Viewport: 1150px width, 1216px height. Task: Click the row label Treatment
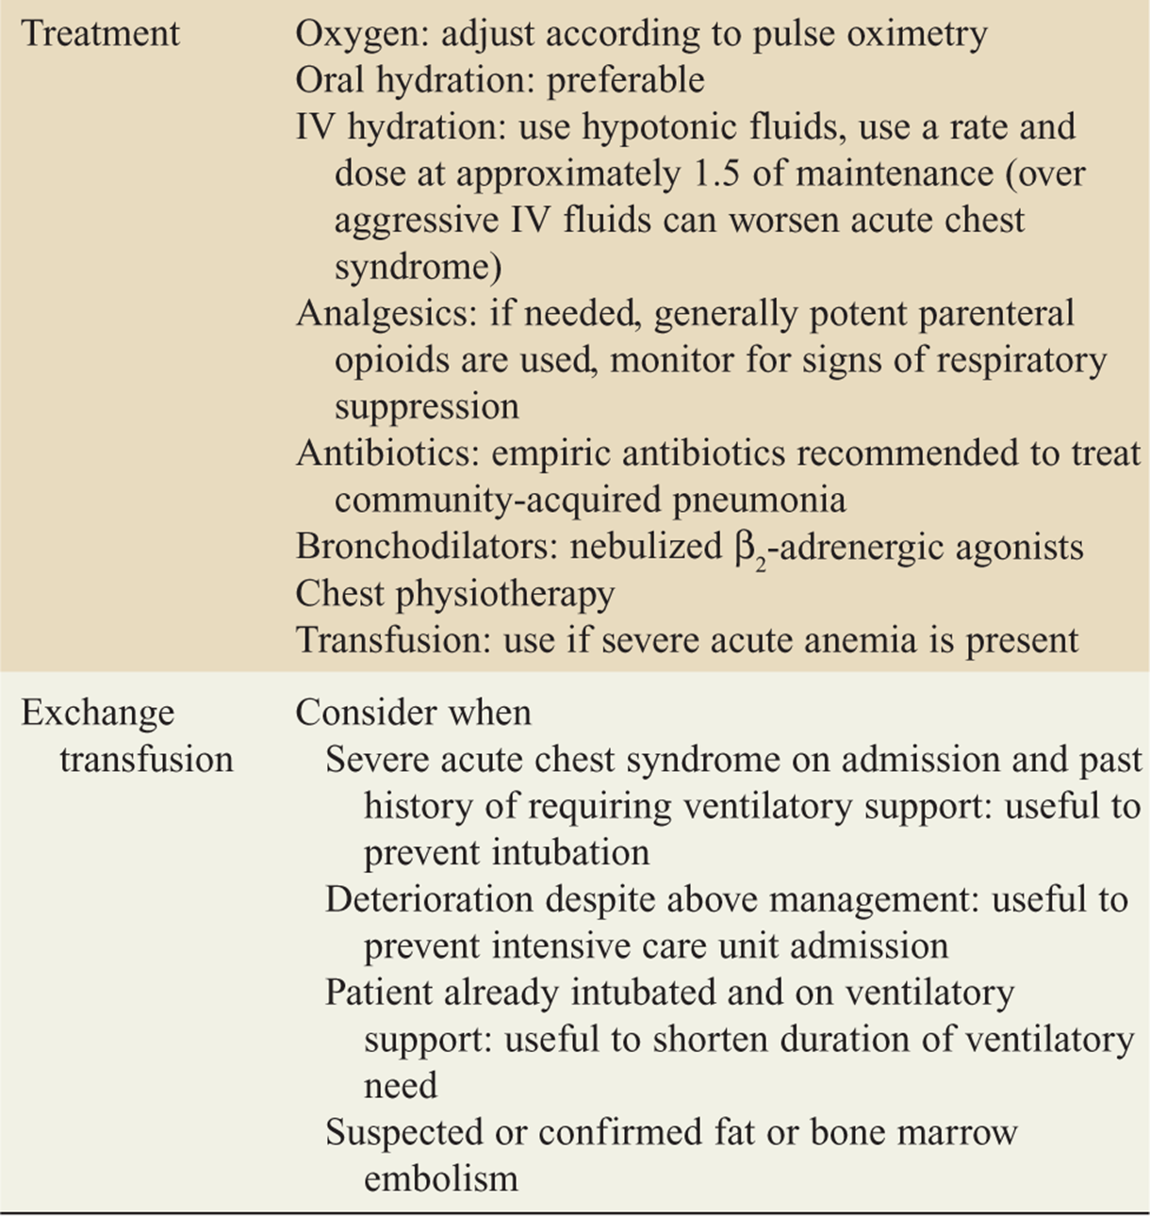point(100,34)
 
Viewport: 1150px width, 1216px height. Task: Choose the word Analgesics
point(386,314)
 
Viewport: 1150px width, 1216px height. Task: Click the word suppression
point(426,407)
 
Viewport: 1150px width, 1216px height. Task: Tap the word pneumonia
point(759,500)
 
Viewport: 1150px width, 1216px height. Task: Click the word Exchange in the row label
point(98,714)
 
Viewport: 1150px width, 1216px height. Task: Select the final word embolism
point(440,1178)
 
